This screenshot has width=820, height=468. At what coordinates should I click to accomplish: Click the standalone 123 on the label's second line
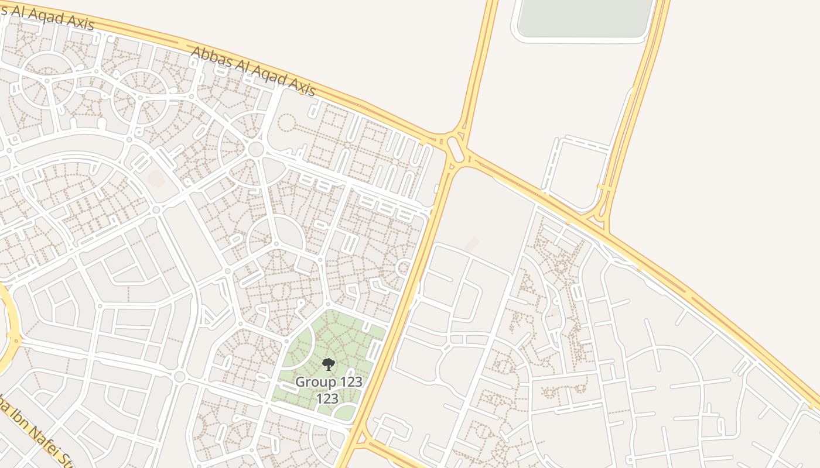click(327, 399)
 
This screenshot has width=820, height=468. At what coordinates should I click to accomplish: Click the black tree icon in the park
click(328, 364)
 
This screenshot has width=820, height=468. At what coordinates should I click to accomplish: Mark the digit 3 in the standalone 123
click(334, 399)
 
